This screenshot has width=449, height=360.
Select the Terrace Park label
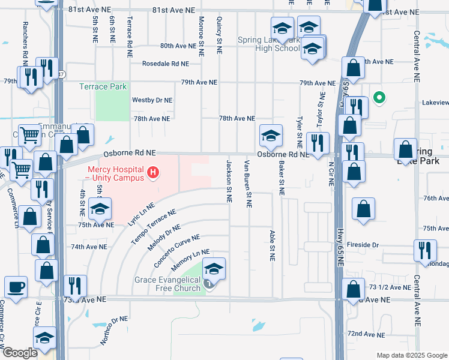[x=103, y=86]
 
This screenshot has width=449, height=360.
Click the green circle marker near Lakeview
[x=379, y=97]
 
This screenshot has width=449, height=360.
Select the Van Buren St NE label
[x=247, y=184]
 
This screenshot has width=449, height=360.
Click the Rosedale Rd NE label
[x=165, y=64]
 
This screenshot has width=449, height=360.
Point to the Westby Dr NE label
[x=152, y=100]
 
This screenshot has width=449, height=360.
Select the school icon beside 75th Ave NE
[x=100, y=209]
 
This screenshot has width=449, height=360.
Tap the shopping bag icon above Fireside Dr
[x=363, y=209]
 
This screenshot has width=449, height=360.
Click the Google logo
[x=20, y=353]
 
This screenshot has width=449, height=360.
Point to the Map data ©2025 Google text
[x=411, y=355]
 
